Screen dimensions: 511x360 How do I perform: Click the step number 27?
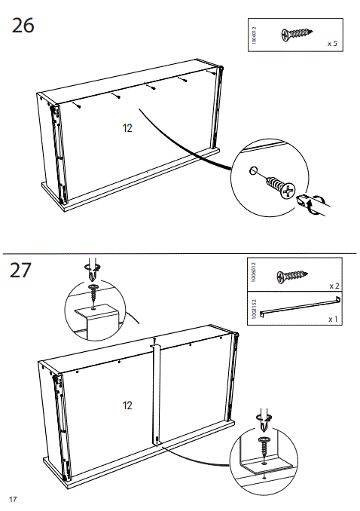(x=23, y=271)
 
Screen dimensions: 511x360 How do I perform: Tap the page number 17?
(x=13, y=500)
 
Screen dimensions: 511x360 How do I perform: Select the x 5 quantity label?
(x=331, y=44)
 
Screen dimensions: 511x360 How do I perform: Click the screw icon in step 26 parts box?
(x=296, y=34)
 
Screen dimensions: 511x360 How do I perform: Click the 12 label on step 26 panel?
(x=127, y=128)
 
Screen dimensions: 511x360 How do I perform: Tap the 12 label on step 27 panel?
(x=127, y=405)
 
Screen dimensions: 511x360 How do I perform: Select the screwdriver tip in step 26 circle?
(x=305, y=201)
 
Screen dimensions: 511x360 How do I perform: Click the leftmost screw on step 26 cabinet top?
(x=77, y=106)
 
